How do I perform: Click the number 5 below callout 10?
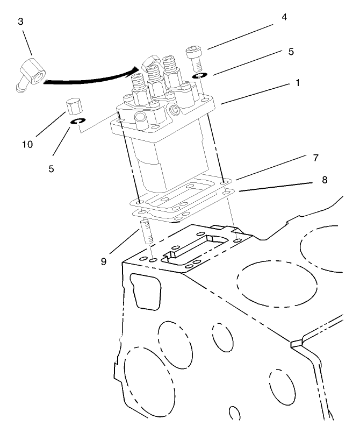pyautogui.click(x=52, y=168)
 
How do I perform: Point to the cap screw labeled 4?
pyautogui.click(x=194, y=57)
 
